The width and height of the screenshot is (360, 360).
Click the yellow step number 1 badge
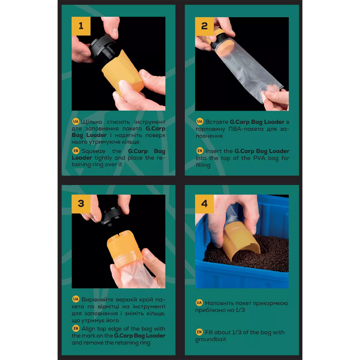(x=81, y=26)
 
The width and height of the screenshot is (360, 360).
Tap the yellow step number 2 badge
(x=204, y=26)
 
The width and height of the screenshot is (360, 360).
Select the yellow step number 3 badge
(x=81, y=204)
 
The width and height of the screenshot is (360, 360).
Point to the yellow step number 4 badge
(x=204, y=204)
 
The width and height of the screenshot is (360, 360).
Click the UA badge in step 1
(x=76, y=121)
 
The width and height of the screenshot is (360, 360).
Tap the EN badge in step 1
(x=76, y=151)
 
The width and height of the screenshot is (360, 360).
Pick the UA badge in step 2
(x=200, y=121)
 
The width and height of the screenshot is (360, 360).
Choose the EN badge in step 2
(x=200, y=151)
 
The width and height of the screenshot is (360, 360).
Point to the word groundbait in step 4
(x=211, y=339)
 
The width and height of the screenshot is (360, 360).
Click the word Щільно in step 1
(x=92, y=122)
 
